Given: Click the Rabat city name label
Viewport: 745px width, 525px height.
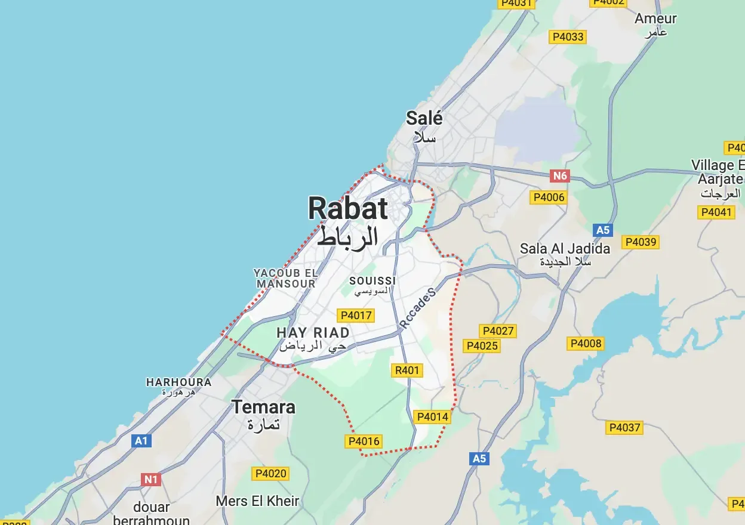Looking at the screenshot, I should coord(348,209).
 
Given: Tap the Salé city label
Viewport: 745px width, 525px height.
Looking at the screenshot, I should coord(424,118).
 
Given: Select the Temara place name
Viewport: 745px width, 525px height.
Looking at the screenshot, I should coord(263,407).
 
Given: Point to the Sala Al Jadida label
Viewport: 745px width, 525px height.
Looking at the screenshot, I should coord(565,248).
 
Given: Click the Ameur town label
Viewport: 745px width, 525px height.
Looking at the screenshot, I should coord(655,18).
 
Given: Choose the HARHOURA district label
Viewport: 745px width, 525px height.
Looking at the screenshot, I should coord(178,382).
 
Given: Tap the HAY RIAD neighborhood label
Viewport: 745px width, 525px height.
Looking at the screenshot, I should coord(313,332).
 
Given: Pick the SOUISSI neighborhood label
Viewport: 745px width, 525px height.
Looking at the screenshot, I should coord(372,280).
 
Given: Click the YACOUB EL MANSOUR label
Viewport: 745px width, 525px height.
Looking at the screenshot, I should coord(285,278).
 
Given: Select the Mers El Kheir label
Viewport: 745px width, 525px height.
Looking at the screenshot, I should coord(257,501).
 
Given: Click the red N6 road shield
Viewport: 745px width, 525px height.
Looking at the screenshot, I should coord(560,176).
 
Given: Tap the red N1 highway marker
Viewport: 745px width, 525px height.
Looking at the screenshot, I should coord(151,479).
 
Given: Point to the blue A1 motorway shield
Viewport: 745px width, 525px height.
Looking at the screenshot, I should coord(141,441).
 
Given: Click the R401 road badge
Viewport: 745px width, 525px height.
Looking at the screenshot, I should coord(407,370).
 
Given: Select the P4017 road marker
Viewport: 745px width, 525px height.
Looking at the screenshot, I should coord(355,316).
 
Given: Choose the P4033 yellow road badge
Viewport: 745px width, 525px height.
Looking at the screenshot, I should coord(568,37).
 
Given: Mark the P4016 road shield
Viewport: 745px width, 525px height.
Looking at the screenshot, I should coord(363,441).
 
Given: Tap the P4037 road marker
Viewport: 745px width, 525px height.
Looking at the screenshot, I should coord(624,427).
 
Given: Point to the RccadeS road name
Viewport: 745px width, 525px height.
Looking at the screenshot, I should coord(418,307).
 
